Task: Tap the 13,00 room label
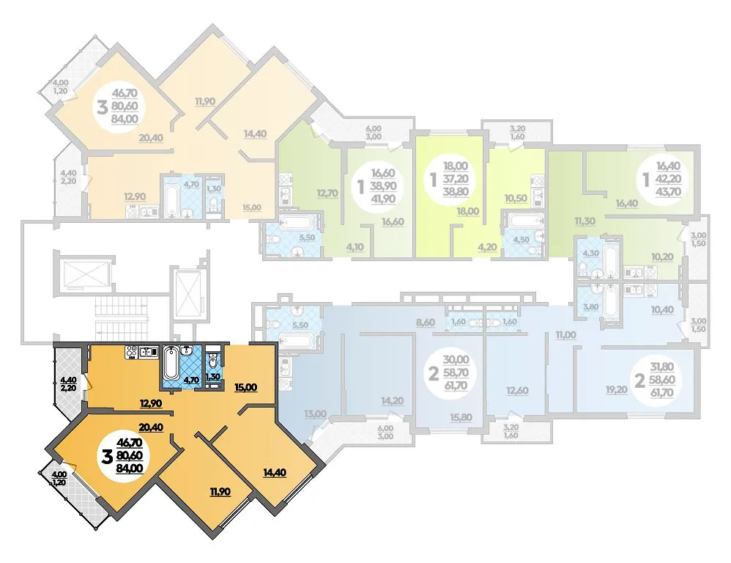(315, 413)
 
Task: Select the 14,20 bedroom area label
(393, 401)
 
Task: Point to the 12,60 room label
(517, 391)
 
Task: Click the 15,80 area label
(461, 417)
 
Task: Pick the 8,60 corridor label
(425, 322)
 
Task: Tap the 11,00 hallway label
(565, 334)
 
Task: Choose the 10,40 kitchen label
(662, 309)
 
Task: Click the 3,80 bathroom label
(590, 307)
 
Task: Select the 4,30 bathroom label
(590, 254)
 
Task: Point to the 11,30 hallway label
(585, 221)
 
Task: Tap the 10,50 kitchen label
(516, 198)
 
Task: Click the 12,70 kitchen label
(327, 193)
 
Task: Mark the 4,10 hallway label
(355, 247)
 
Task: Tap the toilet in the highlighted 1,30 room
(213, 360)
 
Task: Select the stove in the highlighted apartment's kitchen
(130, 353)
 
